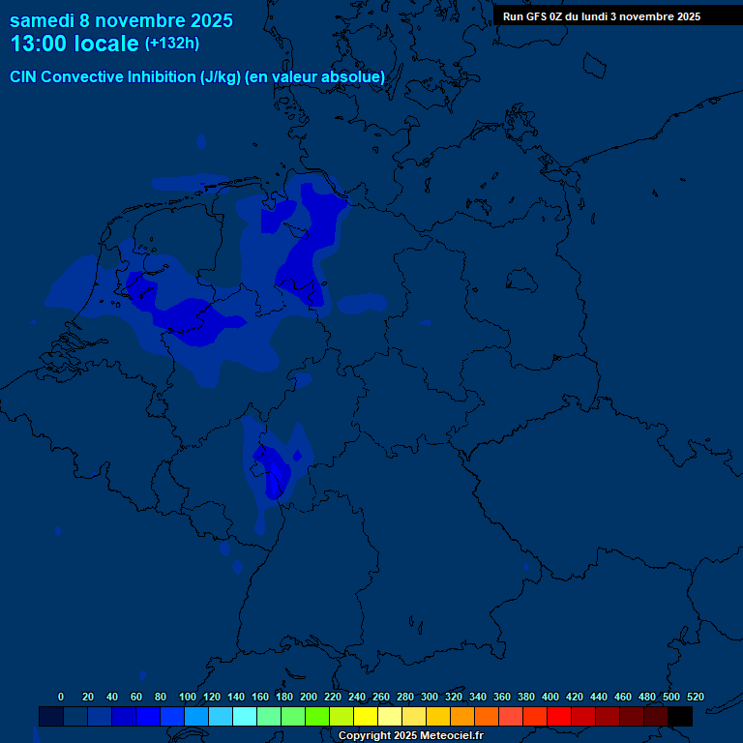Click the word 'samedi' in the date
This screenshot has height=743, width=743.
(42, 20)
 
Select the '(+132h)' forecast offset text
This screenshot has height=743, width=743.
(172, 44)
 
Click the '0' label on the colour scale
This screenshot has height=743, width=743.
(61, 697)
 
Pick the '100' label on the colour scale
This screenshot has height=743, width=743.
(188, 697)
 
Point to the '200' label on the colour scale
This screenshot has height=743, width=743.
(309, 697)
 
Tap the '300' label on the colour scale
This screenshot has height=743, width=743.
(430, 697)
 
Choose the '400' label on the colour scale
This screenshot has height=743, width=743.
(550, 697)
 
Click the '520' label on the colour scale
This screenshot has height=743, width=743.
(695, 697)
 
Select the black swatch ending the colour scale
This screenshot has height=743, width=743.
(679, 716)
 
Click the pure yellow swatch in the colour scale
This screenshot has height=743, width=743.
(365, 716)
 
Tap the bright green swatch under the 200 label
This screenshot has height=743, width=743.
(316, 716)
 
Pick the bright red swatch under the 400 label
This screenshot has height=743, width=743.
(558, 716)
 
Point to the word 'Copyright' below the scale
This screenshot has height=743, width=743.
(364, 736)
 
